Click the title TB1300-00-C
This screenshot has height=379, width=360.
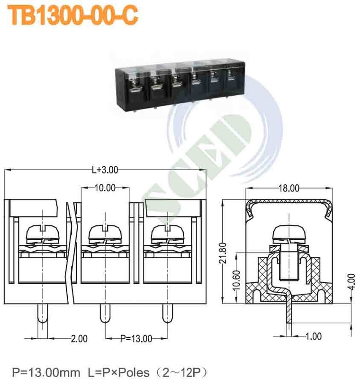point(73,15)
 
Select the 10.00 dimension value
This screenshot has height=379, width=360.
point(105,188)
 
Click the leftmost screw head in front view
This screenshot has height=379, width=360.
point(43,233)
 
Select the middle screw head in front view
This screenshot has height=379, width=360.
point(105,233)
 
